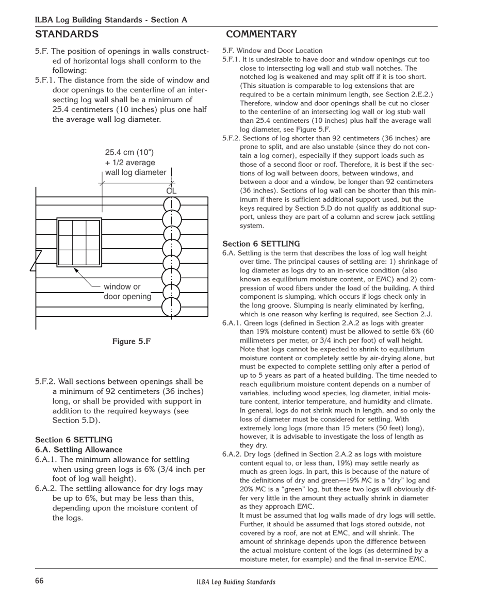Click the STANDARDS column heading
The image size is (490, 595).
click(x=67, y=35)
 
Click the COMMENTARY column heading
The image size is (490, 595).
click(x=261, y=35)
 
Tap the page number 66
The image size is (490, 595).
click(x=40, y=581)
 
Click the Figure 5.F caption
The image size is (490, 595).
click(x=132, y=342)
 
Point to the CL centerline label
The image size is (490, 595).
click(x=171, y=191)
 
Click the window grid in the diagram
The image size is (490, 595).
click(x=79, y=243)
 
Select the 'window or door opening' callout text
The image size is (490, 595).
click(x=127, y=292)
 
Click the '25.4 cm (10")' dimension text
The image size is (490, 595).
click(x=129, y=153)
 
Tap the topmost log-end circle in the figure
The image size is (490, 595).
click(x=171, y=205)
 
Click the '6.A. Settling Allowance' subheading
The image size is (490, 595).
click(x=78, y=449)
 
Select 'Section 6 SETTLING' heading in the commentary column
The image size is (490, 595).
click(x=261, y=244)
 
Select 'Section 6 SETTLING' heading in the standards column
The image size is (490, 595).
click(x=74, y=440)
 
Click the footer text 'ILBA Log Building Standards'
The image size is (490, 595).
click(x=236, y=582)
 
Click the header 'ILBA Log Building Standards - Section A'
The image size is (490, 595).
click(x=111, y=20)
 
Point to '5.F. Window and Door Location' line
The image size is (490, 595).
click(x=272, y=51)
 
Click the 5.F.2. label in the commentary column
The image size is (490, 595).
click(x=232, y=138)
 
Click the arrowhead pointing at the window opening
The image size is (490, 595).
click(x=75, y=270)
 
